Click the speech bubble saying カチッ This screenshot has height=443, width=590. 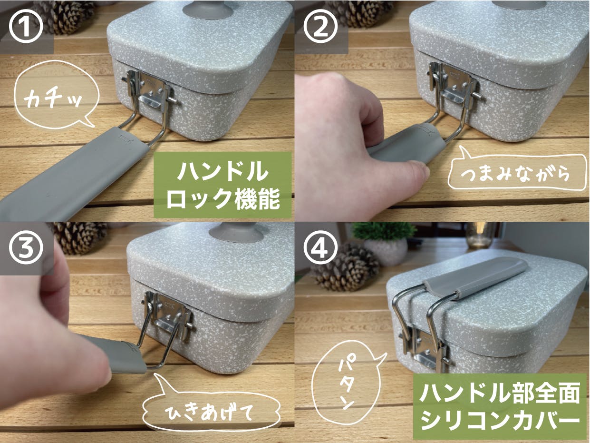(x=55, y=95)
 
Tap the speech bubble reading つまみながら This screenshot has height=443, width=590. (x=517, y=173)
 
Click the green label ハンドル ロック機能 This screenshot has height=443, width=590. (x=222, y=185)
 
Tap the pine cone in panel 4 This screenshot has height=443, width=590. (x=347, y=265)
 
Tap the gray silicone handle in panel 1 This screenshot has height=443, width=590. (x=73, y=172)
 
